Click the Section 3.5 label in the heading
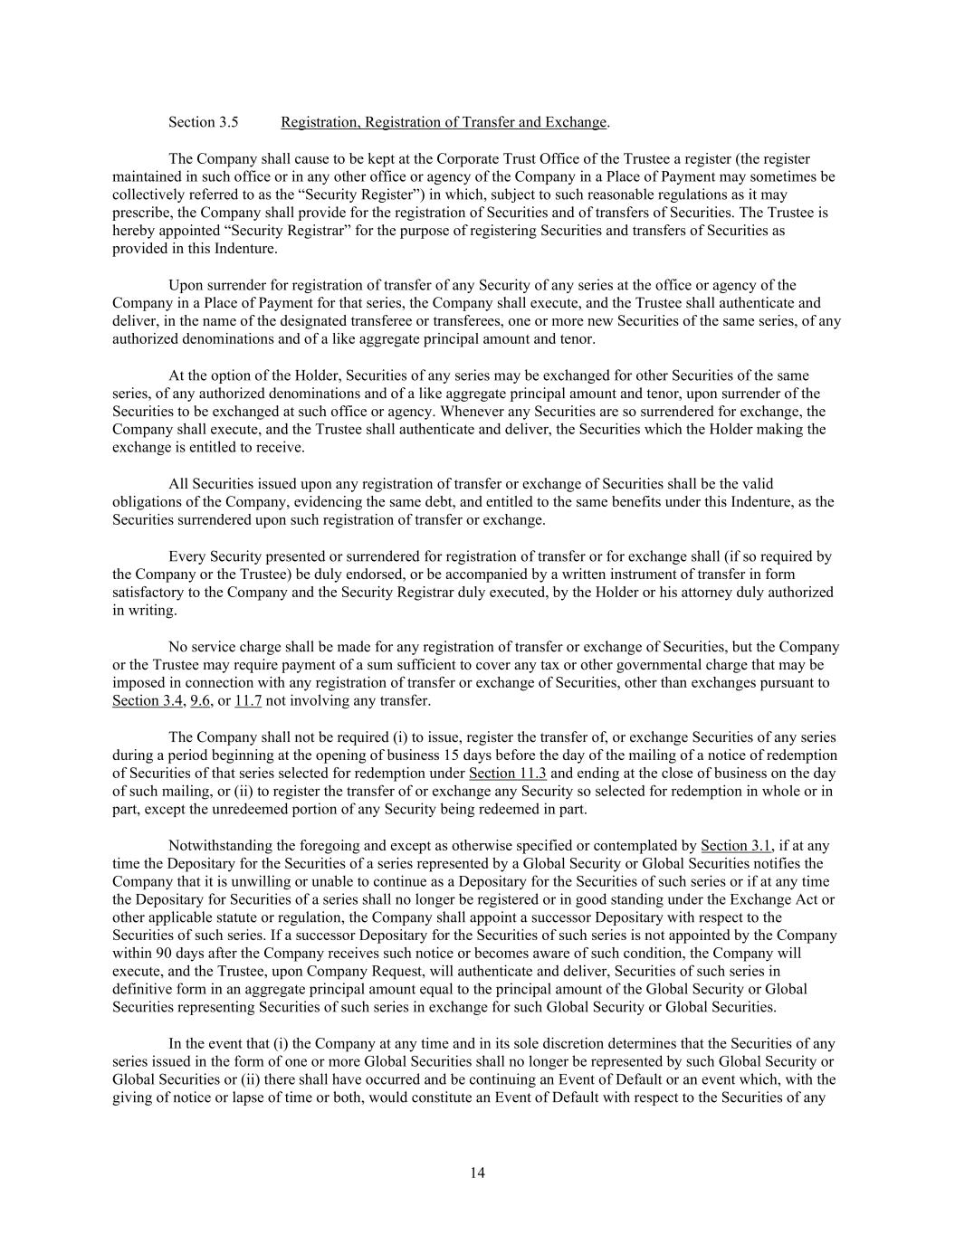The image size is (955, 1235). [204, 122]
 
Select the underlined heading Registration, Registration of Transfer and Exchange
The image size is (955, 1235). [444, 122]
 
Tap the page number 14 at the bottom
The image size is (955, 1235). [478, 1173]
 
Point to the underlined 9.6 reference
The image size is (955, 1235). [200, 701]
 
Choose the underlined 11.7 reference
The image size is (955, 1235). [248, 701]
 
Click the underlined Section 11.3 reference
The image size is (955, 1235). [508, 774]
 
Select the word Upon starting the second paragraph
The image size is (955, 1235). [186, 285]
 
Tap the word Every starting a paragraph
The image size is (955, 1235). [186, 556]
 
